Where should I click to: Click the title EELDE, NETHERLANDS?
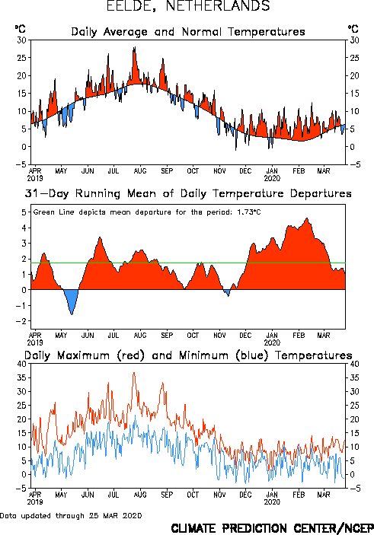[188, 6]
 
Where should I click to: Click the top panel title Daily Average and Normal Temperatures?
[188, 32]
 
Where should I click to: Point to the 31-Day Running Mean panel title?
[188, 193]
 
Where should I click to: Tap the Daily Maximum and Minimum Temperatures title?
[188, 355]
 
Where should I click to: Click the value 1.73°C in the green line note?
[249, 212]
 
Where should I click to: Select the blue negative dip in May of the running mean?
[71, 301]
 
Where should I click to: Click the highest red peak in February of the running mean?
[307, 219]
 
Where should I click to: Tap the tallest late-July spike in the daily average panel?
[135, 49]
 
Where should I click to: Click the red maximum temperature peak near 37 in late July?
[134, 373]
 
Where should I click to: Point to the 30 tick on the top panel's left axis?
[21, 40]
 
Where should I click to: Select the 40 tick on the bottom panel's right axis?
[354, 364]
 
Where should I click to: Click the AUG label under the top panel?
[140, 170]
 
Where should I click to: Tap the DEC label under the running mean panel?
[245, 336]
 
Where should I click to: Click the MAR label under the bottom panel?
[324, 495]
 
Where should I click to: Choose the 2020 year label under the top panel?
[272, 178]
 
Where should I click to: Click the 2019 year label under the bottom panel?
[35, 502]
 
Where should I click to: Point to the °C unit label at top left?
[20, 29]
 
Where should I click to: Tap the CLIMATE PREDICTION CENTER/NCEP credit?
[272, 528]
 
